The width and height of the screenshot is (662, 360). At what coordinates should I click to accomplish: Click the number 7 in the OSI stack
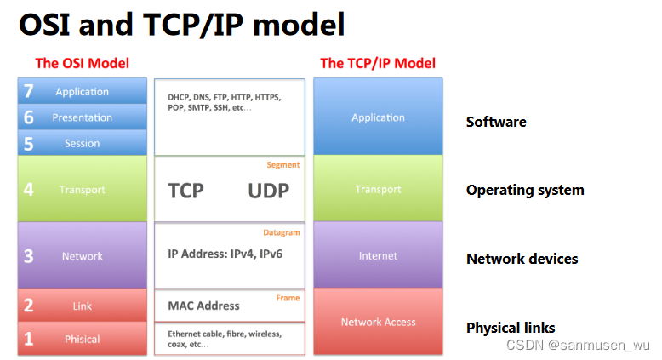pos(28,92)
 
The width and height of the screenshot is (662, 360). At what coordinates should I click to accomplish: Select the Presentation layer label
pos(82,117)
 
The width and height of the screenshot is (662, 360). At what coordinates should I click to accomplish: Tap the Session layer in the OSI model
pos(82,143)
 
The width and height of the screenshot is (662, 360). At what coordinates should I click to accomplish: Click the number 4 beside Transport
pos(28,189)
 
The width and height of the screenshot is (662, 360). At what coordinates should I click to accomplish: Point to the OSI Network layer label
pos(82,255)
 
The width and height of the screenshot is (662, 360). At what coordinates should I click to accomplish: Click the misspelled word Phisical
pos(82,339)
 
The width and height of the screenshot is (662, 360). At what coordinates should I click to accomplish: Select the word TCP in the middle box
pos(185,190)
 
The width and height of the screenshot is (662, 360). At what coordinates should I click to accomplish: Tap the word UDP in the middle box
pos(268,190)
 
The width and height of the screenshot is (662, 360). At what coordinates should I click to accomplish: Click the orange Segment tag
pos(283,165)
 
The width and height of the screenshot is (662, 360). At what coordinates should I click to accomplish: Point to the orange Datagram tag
pos(282,232)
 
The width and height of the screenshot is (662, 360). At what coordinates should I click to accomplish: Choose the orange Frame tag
pos(288,298)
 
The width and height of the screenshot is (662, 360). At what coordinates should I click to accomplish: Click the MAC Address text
pos(203,306)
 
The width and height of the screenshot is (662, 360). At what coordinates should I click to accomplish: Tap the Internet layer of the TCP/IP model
pos(378,255)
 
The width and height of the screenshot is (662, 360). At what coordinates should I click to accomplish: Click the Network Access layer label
pos(378,322)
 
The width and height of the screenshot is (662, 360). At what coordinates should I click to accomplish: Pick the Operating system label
pos(525,190)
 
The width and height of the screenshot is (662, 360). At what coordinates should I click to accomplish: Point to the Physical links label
pos(511,328)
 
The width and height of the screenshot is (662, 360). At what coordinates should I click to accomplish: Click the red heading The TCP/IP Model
pos(378,63)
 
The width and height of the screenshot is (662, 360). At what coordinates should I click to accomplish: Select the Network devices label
pos(522,259)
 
